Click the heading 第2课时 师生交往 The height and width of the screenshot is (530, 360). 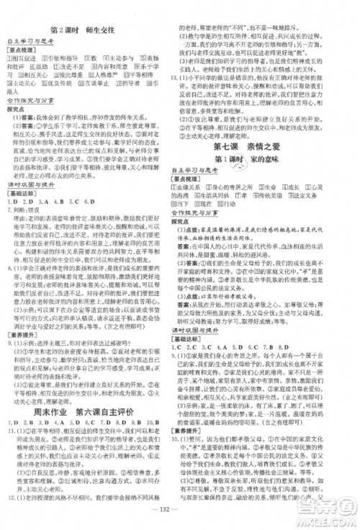click(x=90, y=32)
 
